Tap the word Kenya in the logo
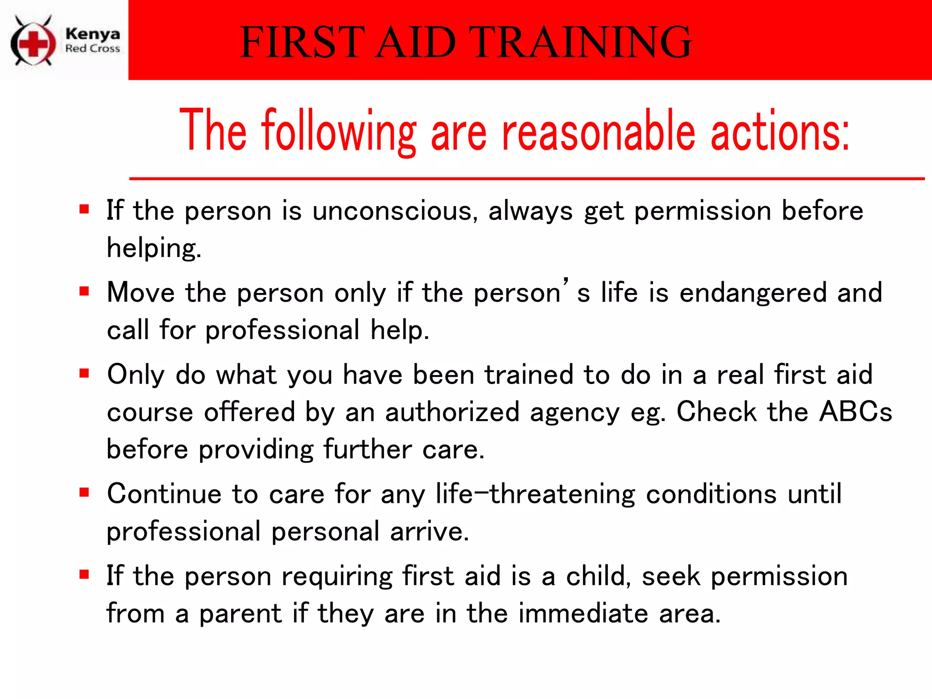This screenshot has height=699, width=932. pos(92,34)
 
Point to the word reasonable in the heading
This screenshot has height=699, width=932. pos(598,132)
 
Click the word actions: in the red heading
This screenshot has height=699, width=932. pos(780,132)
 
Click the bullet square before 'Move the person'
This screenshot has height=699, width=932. pos(84,291)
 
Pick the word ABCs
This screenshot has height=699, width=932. pos(856,412)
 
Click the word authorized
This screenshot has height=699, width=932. pos(452,412)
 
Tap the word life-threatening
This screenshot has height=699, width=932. pos(535,494)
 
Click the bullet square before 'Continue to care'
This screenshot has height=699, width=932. pos(84,492)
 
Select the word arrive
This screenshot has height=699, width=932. pos(429,532)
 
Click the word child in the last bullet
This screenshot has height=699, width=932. pos(598,576)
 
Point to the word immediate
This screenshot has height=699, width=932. pos(583,613)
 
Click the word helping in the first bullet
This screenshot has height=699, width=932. pos(153,249)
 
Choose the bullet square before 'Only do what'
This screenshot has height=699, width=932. pos(84,374)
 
